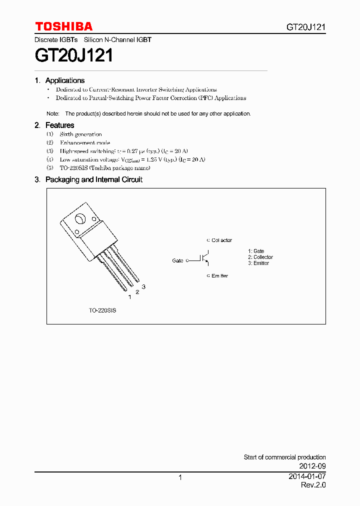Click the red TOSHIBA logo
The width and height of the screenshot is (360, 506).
pos(63,26)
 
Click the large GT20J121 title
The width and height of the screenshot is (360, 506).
pos(74,55)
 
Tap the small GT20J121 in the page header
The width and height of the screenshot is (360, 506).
pos(306,27)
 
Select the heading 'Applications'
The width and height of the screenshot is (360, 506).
pos(65,80)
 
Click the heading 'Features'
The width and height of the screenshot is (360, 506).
pos(59,125)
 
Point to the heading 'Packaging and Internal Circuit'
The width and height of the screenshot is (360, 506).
pos(94,179)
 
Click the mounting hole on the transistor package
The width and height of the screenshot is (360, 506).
pos(80,219)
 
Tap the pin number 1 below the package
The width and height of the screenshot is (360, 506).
pos(129,297)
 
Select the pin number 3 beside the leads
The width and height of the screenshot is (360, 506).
pos(143,286)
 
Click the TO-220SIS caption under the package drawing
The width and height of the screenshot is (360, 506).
pos(102,310)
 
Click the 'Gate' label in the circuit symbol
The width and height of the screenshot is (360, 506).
pos(177,261)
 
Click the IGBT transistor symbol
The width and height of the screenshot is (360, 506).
pos(205,258)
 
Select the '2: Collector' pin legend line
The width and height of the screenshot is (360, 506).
pos(260,257)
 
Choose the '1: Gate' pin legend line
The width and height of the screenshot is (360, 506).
pos(256,251)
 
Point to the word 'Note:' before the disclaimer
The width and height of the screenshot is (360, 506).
pos(53,114)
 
